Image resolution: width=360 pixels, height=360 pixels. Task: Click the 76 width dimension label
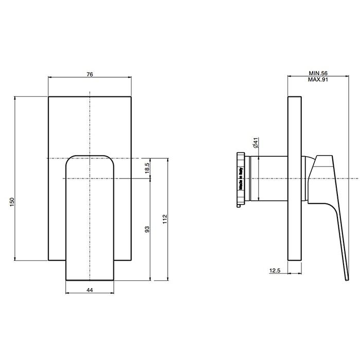point(90,75)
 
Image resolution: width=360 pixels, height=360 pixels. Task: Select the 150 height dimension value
point(12,202)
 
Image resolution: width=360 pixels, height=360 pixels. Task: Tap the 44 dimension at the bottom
point(90,290)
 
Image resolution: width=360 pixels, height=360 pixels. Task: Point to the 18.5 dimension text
point(147,168)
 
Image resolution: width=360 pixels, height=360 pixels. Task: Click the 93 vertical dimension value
point(147,229)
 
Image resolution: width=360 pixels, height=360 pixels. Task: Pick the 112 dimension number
point(165,219)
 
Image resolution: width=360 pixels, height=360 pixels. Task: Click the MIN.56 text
point(318,73)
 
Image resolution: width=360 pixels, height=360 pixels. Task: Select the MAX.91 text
point(318,79)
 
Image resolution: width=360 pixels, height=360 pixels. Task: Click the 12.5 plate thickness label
point(275,271)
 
